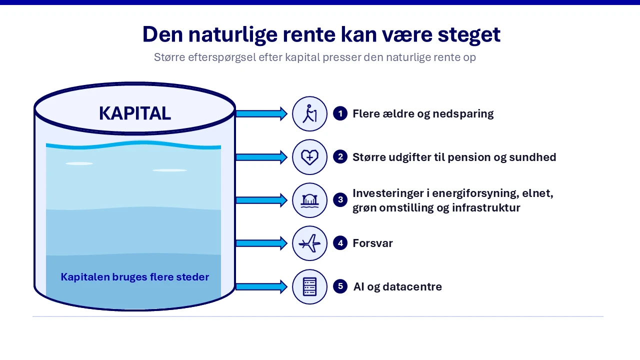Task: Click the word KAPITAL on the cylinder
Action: pyautogui.click(x=135, y=113)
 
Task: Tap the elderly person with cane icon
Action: pyautogui.click(x=309, y=113)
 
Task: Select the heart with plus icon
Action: pyautogui.click(x=309, y=157)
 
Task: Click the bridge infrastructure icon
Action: pyautogui.click(x=309, y=200)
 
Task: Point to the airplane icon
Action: pyautogui.click(x=309, y=243)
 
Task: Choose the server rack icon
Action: pyautogui.click(x=309, y=286)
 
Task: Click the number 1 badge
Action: pyautogui.click(x=340, y=113)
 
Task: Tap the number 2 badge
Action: pyautogui.click(x=340, y=156)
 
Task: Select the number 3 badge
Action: pyautogui.click(x=340, y=199)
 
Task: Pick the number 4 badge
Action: pyautogui.click(x=340, y=243)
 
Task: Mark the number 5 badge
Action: pyautogui.click(x=340, y=286)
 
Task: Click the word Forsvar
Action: pyautogui.click(x=372, y=243)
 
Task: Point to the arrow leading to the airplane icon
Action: pyautogui.click(x=261, y=243)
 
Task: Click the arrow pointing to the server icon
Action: pyautogui.click(x=261, y=286)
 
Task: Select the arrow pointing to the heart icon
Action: pyautogui.click(x=261, y=157)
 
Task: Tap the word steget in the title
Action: pyautogui.click(x=469, y=35)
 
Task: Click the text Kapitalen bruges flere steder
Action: pyautogui.click(x=135, y=277)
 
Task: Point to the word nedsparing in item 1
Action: pyautogui.click(x=463, y=114)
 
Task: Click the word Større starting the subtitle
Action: pyautogui.click(x=169, y=57)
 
